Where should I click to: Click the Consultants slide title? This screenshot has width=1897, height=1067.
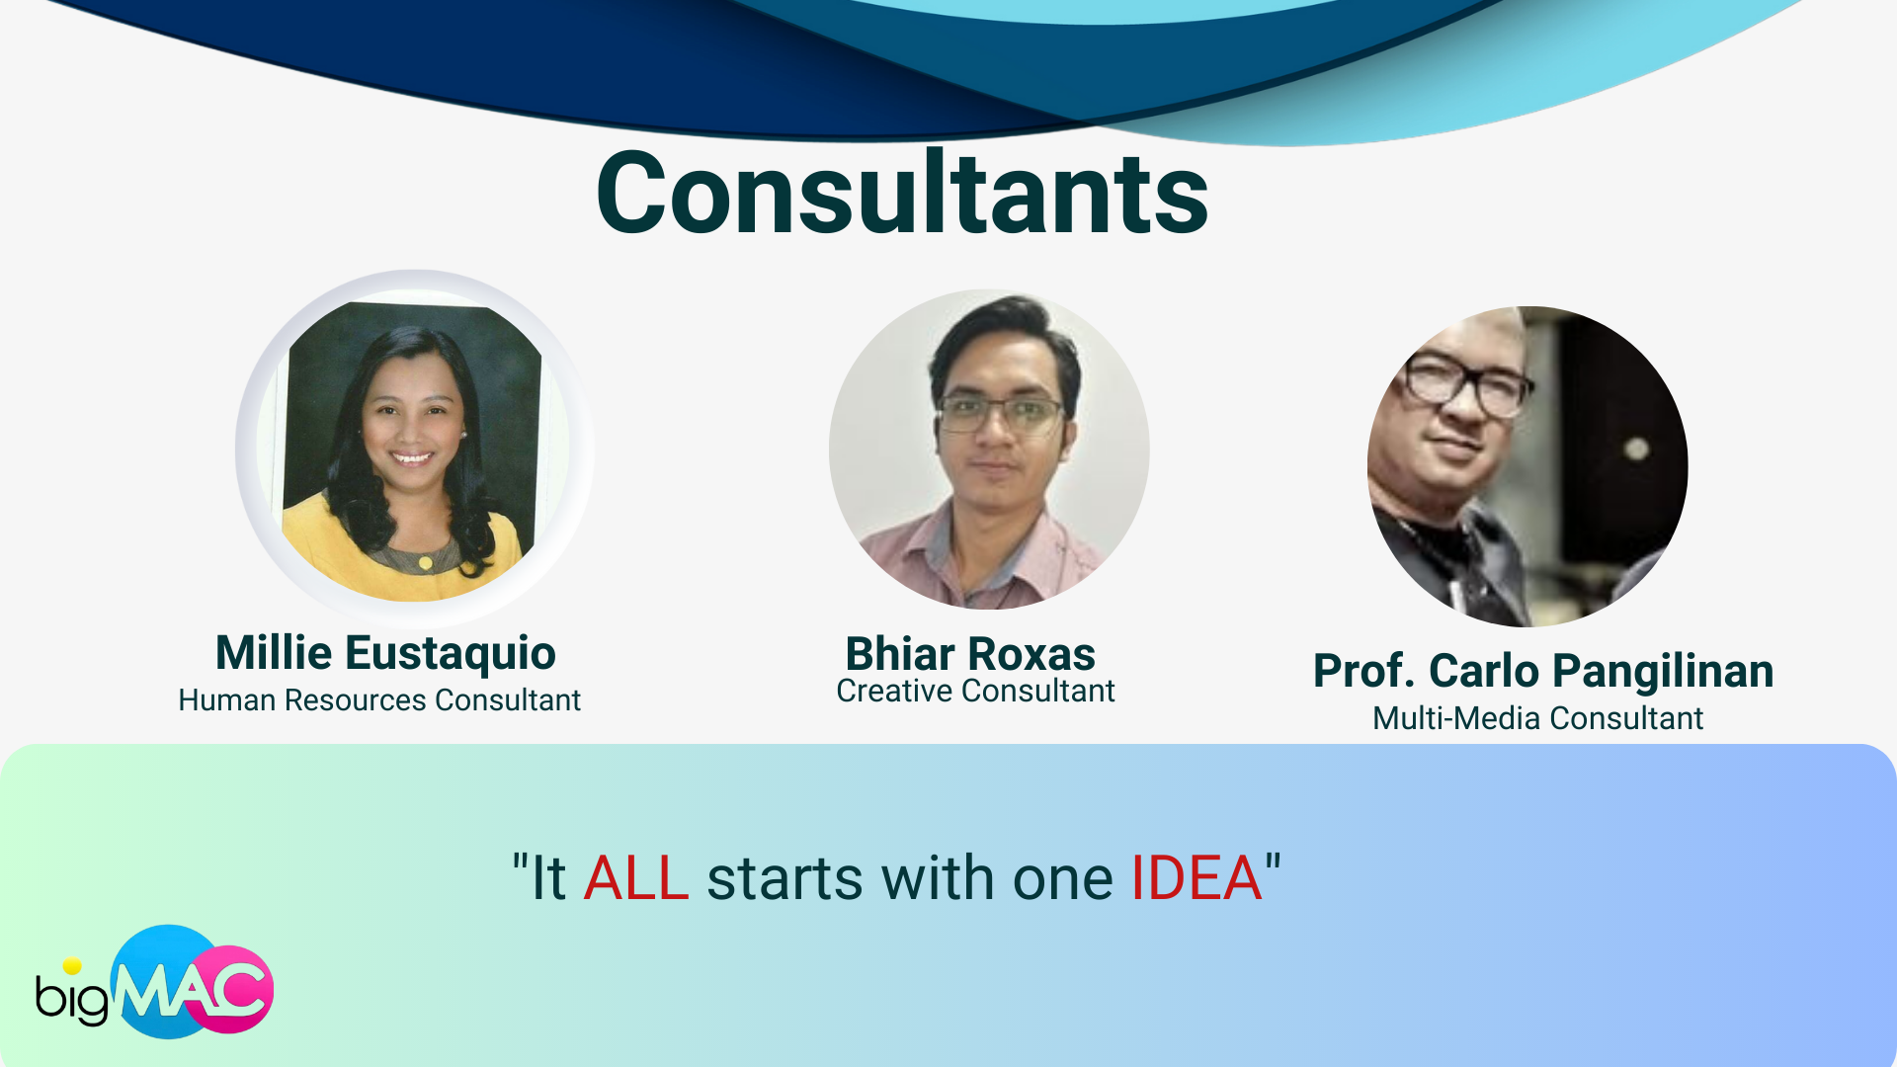click(902, 193)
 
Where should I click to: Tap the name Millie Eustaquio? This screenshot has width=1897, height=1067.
click(385, 654)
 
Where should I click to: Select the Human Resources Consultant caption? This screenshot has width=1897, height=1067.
click(379, 700)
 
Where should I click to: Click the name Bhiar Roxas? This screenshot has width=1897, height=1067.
click(970, 654)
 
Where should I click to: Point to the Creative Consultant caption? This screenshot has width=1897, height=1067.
click(975, 692)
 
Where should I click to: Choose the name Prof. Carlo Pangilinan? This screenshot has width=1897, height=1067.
click(1543, 672)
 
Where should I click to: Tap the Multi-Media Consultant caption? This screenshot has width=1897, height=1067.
click(1538, 718)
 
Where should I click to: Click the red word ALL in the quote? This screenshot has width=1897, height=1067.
click(636, 878)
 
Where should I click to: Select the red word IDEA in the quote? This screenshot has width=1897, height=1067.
click(1196, 878)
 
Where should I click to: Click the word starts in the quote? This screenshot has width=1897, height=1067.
click(784, 878)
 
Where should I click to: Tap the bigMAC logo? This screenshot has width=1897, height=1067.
click(155, 983)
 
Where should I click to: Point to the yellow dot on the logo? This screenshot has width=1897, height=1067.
click(72, 966)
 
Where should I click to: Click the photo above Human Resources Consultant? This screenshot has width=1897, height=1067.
click(414, 449)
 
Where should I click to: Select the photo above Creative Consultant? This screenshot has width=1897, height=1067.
click(989, 449)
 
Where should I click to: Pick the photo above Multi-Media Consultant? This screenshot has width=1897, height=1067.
click(1527, 466)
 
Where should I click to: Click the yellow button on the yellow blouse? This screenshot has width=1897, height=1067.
click(425, 563)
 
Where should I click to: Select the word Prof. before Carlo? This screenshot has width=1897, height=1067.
click(1364, 672)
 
